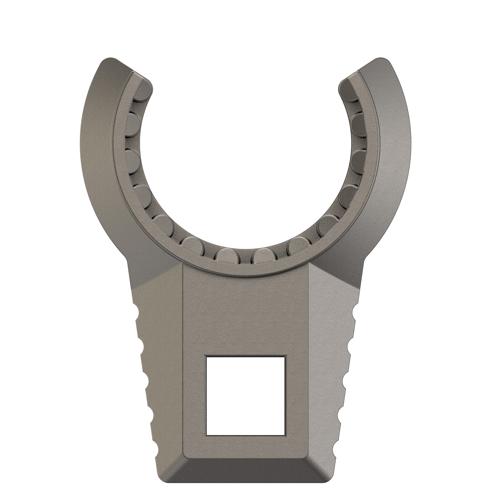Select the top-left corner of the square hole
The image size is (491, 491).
point(207,357)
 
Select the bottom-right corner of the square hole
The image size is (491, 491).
point(284,434)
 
